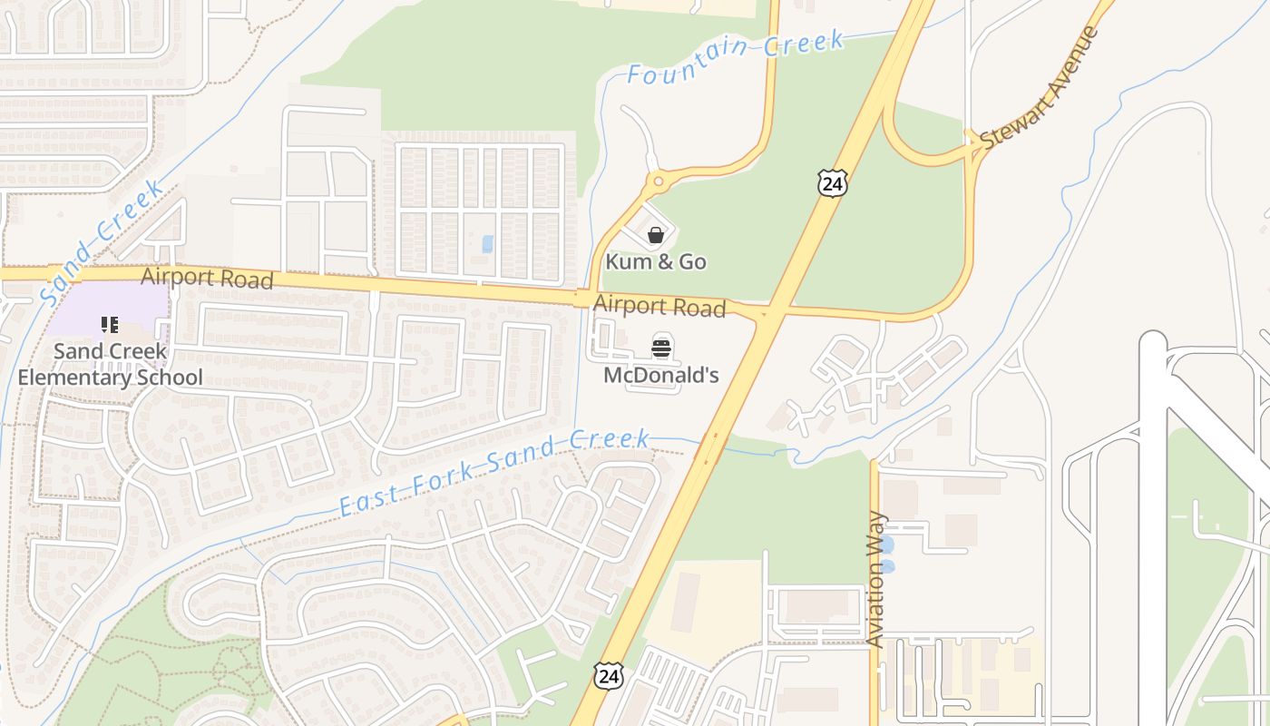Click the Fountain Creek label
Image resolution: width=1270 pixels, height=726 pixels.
click(736, 58)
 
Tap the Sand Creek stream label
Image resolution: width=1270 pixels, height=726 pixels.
click(102, 241)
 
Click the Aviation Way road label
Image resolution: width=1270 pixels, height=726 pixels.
click(876, 579)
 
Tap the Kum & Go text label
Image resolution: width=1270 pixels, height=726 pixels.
click(656, 262)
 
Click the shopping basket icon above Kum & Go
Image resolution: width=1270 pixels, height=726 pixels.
click(656, 236)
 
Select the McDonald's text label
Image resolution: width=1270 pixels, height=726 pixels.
click(661, 375)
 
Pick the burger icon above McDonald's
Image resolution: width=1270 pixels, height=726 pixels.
click(661, 347)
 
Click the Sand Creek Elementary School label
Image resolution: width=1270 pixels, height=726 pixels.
click(110, 363)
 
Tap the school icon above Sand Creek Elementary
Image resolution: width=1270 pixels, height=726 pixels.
click(110, 325)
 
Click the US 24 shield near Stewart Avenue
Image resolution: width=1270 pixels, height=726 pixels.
click(831, 182)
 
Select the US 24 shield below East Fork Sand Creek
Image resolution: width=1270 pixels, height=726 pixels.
click(610, 674)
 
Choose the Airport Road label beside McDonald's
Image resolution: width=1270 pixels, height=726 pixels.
click(659, 307)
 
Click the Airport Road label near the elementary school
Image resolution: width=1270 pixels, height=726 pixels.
click(207, 278)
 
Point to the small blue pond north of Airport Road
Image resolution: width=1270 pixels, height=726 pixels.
click(488, 244)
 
